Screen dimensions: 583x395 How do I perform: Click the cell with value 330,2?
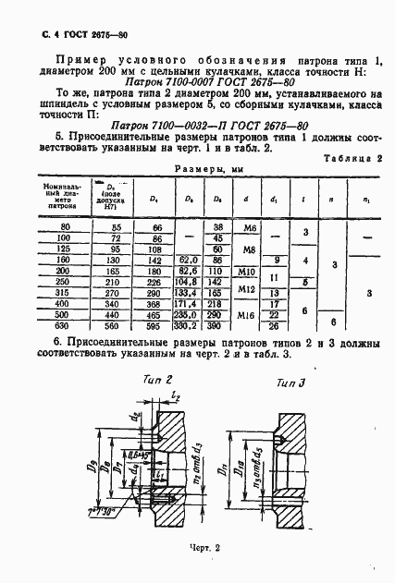[x=187, y=351]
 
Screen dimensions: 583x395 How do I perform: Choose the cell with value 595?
[x=157, y=351]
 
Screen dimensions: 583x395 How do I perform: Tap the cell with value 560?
[x=117, y=351]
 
